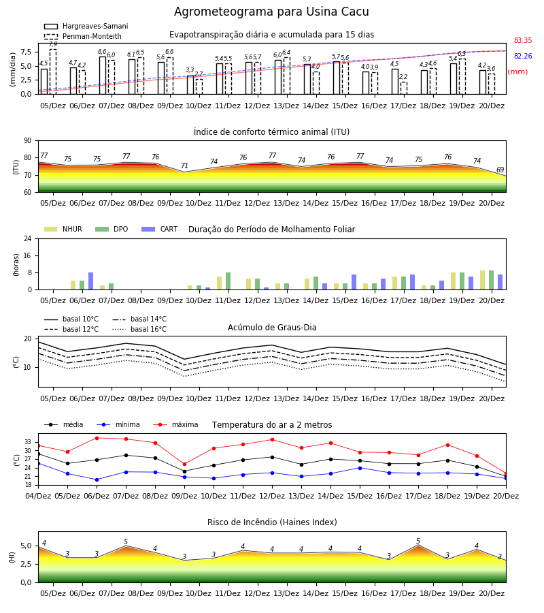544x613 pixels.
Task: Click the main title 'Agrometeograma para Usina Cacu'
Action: tap(271, 12)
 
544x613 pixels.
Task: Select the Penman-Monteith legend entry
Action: tap(83, 36)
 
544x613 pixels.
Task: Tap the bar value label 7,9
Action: tap(53, 44)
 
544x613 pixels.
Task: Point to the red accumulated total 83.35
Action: tap(523, 40)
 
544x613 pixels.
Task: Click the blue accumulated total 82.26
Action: tap(523, 56)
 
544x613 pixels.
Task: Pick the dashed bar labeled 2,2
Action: tap(403, 88)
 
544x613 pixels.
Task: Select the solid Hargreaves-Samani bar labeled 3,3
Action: tap(190, 85)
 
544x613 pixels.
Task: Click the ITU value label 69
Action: tap(500, 170)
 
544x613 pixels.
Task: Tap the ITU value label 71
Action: tap(184, 166)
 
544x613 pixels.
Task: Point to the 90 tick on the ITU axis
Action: tap(28, 141)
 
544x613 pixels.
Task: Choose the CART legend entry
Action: tap(160, 229)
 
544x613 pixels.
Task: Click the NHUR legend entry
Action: tap(63, 229)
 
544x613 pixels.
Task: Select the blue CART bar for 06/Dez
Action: tap(91, 281)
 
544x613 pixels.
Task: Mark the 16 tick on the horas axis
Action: tap(28, 255)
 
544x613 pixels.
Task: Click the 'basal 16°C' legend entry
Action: tap(139, 329)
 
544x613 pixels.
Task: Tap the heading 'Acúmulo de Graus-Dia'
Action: tap(272, 328)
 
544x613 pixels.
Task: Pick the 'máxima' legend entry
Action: tap(175, 424)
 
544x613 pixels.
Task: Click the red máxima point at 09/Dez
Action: tap(184, 465)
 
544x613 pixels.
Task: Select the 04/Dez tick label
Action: tap(38, 496)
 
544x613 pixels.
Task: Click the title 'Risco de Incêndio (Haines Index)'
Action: tap(272, 522)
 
